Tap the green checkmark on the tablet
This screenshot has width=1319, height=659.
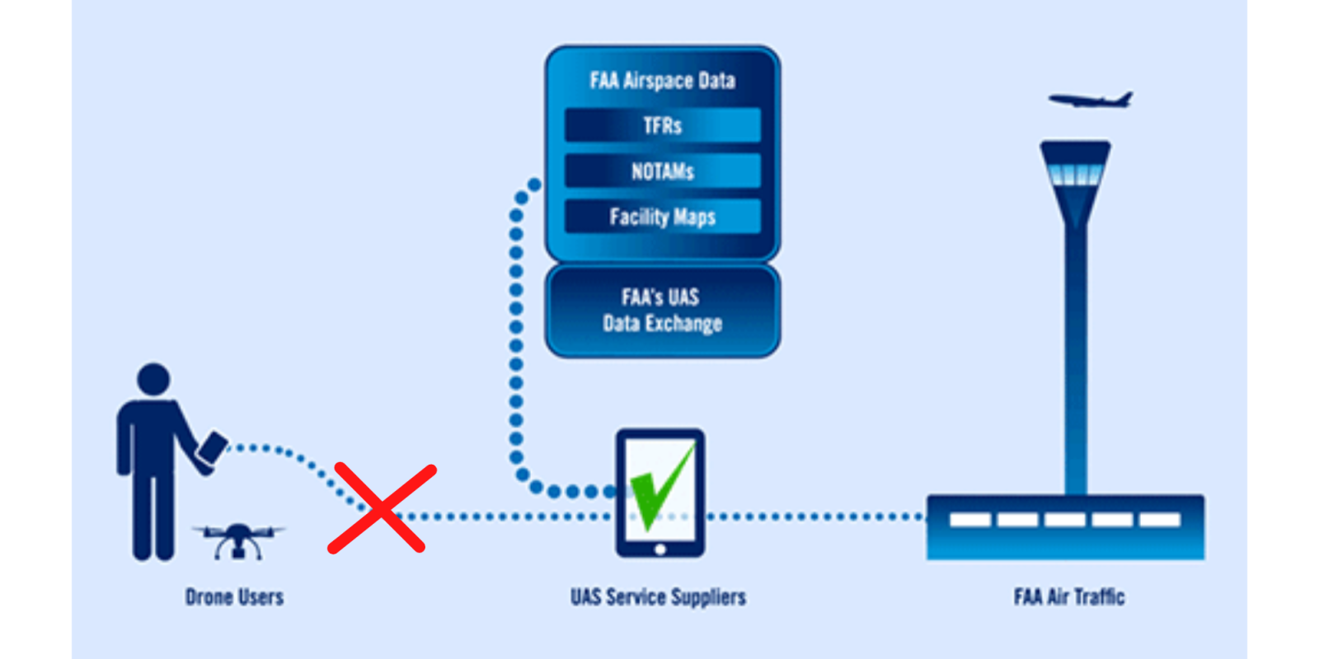point(662,486)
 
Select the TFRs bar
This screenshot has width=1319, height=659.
point(662,125)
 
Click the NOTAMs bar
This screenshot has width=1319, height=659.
point(662,171)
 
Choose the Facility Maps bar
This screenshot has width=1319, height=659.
point(662,217)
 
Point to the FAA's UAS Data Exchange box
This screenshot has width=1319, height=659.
point(662,311)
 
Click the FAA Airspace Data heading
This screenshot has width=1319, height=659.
point(662,80)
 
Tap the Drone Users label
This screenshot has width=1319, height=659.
point(234,596)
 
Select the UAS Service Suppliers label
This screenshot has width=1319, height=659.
point(658,596)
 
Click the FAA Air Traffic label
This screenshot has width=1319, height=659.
point(1068,596)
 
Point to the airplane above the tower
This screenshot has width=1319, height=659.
point(1090,100)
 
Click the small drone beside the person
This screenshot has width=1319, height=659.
point(238,540)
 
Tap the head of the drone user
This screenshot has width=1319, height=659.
point(153,380)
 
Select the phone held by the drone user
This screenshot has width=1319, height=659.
point(214,447)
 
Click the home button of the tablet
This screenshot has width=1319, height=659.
point(659,549)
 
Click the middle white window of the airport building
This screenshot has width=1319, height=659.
point(1064,520)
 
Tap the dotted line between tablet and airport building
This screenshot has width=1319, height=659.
point(816,517)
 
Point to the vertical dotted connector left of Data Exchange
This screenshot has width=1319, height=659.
point(516,329)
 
